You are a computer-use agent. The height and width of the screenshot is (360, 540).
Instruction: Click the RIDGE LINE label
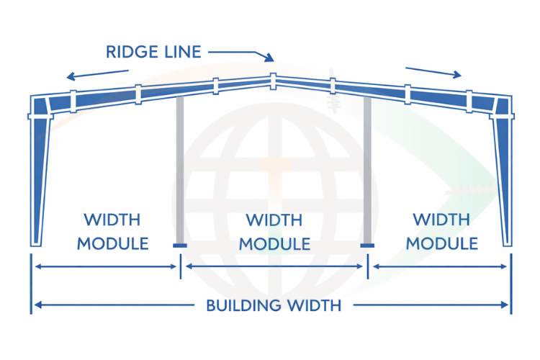[153, 52]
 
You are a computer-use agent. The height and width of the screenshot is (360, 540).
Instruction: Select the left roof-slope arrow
[96, 73]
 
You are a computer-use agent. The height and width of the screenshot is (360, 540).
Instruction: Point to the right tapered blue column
[503, 180]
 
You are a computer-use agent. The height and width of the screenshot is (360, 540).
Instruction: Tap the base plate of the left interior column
[179, 246]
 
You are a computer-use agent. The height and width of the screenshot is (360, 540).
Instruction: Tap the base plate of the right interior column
[367, 246]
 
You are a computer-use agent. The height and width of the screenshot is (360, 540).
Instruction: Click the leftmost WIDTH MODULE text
[112, 231]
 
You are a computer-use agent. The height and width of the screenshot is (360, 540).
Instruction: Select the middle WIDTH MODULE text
[274, 231]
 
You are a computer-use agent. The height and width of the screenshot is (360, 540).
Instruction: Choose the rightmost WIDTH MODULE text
[441, 231]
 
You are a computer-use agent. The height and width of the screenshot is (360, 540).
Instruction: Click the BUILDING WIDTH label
[274, 305]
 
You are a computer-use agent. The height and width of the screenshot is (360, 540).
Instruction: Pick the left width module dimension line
[106, 266]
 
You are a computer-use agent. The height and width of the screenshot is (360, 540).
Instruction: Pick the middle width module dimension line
[274, 266]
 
